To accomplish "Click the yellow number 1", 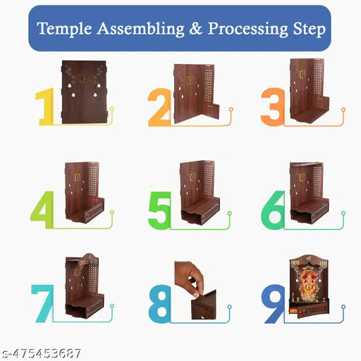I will [x=46, y=107].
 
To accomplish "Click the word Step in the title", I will [x=309, y=30].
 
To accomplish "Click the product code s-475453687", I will [x=42, y=353].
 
